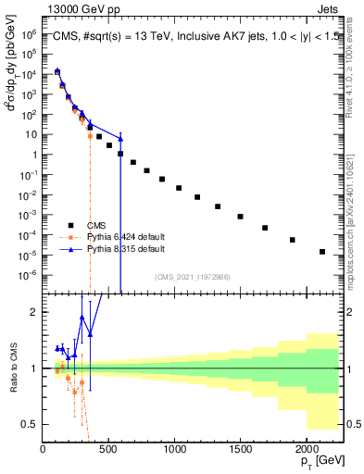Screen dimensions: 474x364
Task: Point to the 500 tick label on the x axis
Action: point(108,451)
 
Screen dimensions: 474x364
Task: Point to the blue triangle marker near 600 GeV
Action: point(120,139)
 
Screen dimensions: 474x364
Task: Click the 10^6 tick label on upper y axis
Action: point(30,33)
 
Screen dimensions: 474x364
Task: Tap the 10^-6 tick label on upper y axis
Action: point(30,275)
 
